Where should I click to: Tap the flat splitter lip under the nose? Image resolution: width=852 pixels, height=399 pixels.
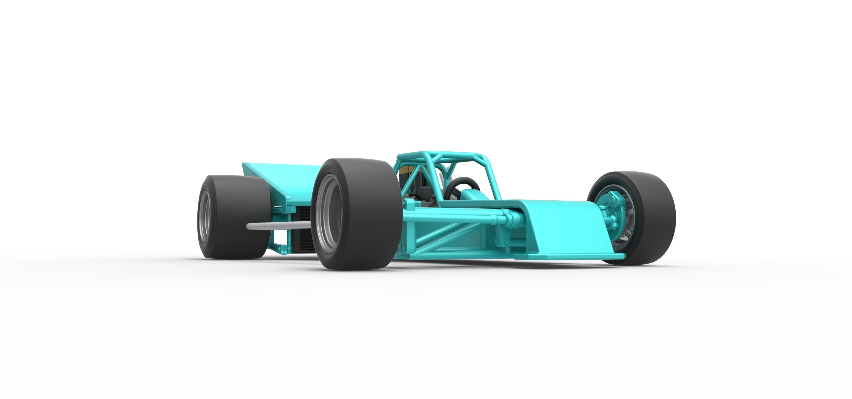[x=569, y=256]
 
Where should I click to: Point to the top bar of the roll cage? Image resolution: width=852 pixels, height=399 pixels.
[x=440, y=155]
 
